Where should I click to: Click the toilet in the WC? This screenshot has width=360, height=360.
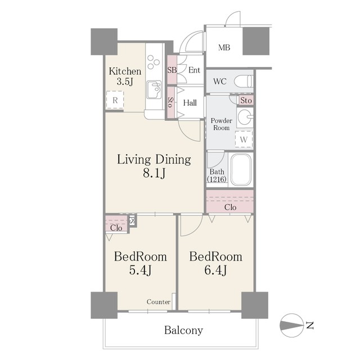click(244, 81)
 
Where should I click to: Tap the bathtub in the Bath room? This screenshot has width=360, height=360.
click(241, 170)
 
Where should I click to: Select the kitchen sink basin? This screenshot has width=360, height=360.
click(154, 89)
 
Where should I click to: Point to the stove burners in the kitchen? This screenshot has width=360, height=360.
click(153, 62)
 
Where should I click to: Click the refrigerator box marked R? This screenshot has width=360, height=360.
click(115, 100)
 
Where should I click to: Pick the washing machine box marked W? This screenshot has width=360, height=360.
click(244, 139)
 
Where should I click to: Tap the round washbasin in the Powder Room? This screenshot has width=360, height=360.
click(244, 118)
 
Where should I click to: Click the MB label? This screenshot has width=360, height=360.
click(224, 47)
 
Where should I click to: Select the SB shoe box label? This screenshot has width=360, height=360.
click(172, 70)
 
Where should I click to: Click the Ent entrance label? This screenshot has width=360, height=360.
click(194, 70)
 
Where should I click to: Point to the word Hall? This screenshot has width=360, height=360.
click(190, 102)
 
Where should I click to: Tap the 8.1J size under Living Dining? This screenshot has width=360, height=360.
click(154, 173)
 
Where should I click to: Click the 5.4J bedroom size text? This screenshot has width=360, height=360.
click(140, 270)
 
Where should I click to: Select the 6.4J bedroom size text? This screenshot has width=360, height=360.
click(215, 270)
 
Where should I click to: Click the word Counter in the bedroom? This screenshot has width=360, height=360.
click(159, 301)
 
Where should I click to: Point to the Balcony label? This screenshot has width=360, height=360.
click(184, 330)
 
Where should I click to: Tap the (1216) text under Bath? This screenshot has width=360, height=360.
click(217, 179)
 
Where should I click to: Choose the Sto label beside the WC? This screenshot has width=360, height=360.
click(246, 101)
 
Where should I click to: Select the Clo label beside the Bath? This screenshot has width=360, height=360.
click(230, 208)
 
